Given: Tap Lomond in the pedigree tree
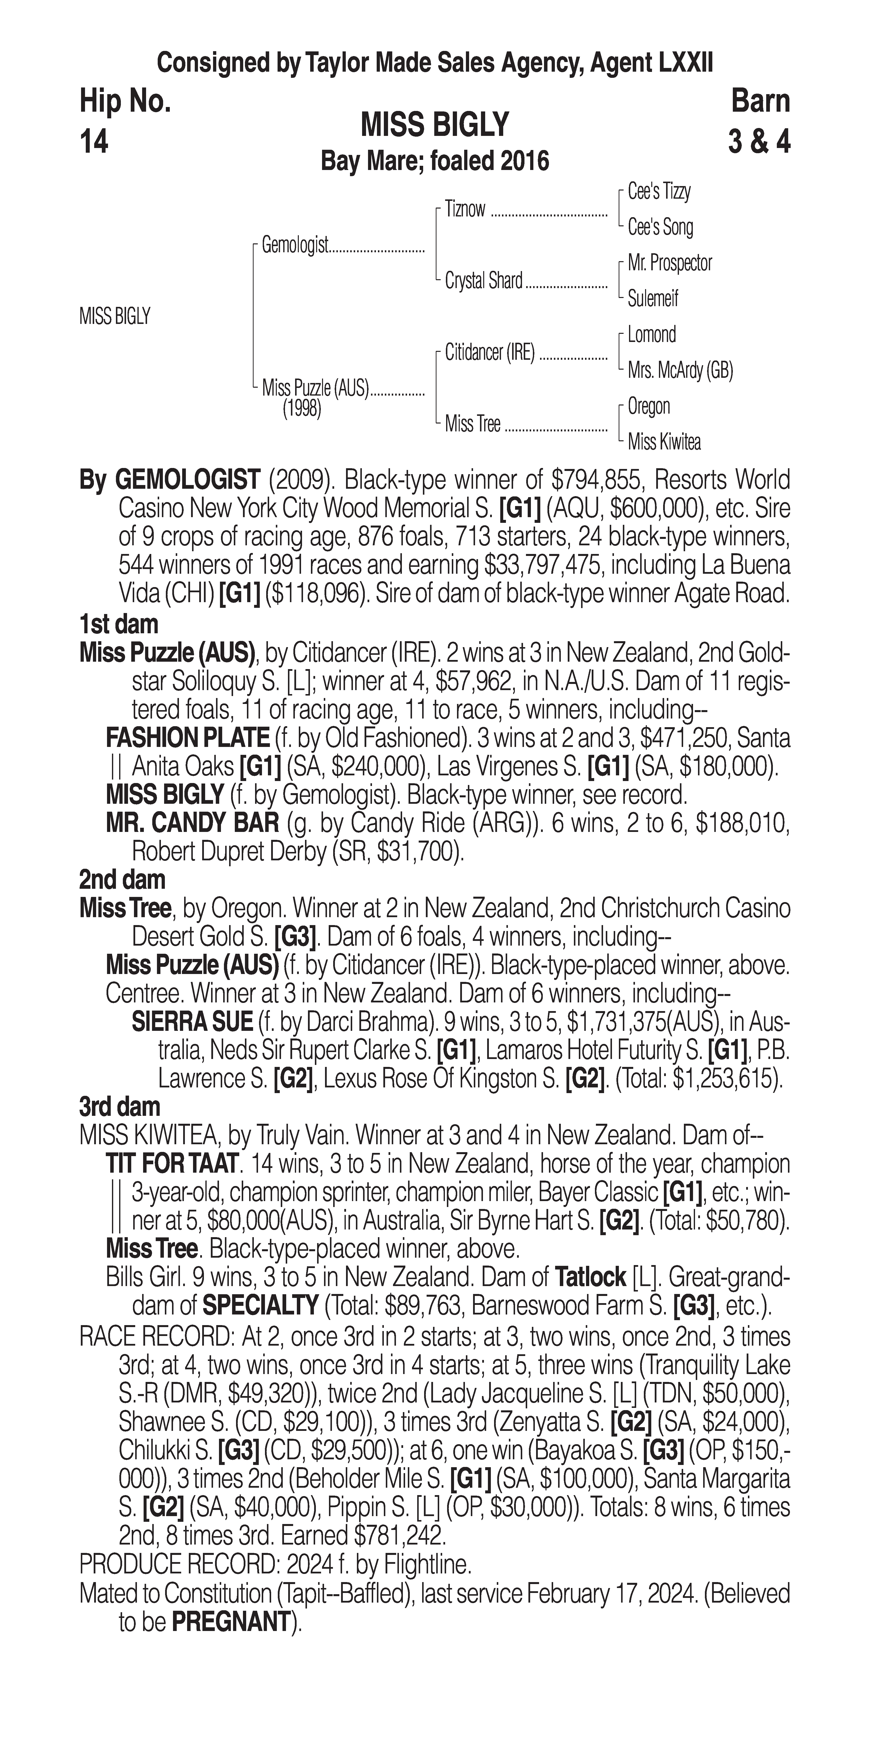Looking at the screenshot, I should [x=652, y=335].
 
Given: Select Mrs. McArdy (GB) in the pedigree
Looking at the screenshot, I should [x=680, y=370].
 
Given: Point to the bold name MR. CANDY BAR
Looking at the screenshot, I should [x=192, y=823].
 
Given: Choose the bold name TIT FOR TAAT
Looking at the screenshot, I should [x=172, y=1164].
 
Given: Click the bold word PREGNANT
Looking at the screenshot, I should [x=231, y=1622].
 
